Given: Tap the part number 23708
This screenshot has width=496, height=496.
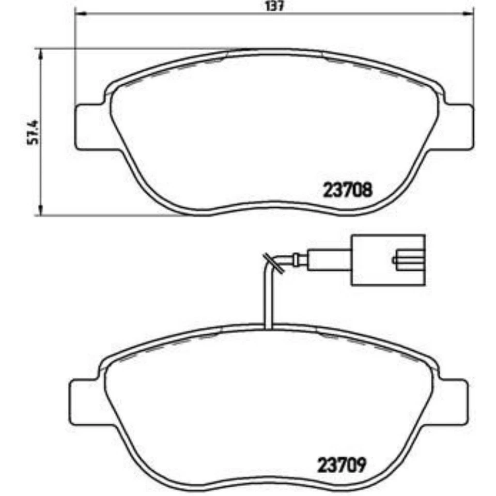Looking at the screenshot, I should pyautogui.click(x=347, y=191).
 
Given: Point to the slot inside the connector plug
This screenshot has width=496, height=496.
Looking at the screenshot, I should pyautogui.click(x=408, y=260).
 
